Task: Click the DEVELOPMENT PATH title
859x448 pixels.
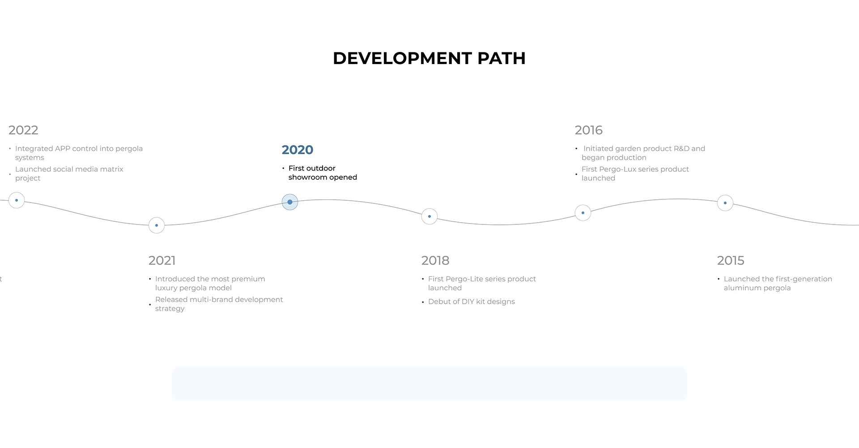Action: point(429,58)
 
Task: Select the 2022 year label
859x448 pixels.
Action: point(23,130)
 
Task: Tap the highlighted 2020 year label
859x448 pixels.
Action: point(298,150)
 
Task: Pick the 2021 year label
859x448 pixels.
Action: point(162,260)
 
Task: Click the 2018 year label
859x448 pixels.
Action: point(435,260)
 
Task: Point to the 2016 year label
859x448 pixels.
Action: point(589,130)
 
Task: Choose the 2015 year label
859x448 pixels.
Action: point(731,260)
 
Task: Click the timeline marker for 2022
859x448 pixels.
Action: point(17,200)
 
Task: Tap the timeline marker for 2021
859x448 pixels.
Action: point(157,225)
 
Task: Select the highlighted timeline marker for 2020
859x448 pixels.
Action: point(290,202)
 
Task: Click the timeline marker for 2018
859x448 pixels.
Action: point(429,216)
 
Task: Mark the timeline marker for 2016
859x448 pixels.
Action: point(583,213)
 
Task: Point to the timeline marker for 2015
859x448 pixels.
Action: point(725,203)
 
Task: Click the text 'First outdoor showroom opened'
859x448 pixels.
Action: point(323,173)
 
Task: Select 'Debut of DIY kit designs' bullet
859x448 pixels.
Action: point(472,302)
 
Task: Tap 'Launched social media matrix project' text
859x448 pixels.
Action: point(69,174)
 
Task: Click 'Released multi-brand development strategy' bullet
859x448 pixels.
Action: point(219,304)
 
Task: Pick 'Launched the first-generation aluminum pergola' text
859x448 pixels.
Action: point(778,284)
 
